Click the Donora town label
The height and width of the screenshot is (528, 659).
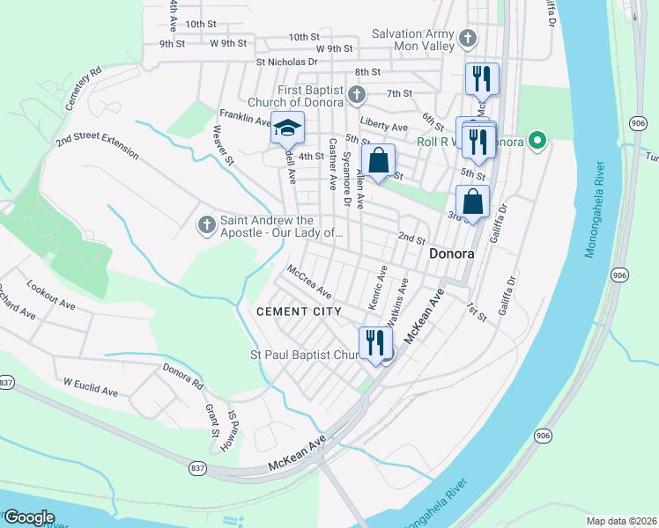pos(452,253)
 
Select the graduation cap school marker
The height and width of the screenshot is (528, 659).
pos(287,128)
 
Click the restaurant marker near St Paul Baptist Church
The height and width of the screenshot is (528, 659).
pos(375,341)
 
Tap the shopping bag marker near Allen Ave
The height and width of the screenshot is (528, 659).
pos(378,161)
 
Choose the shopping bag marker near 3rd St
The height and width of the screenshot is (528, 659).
pos(473,202)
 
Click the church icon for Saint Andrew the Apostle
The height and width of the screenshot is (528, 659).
pos(206,226)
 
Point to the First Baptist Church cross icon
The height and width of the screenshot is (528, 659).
pos(356,93)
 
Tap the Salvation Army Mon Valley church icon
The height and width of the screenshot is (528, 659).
pos(468,39)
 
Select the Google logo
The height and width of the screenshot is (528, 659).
pos(29,517)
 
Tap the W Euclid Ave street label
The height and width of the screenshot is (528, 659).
pos(90,386)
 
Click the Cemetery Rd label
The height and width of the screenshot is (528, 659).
pos(84,85)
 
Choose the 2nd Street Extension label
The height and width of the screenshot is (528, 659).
pos(97,146)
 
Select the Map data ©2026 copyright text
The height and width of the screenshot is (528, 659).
pos(622,521)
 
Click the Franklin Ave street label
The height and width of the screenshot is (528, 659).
pos(245,118)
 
